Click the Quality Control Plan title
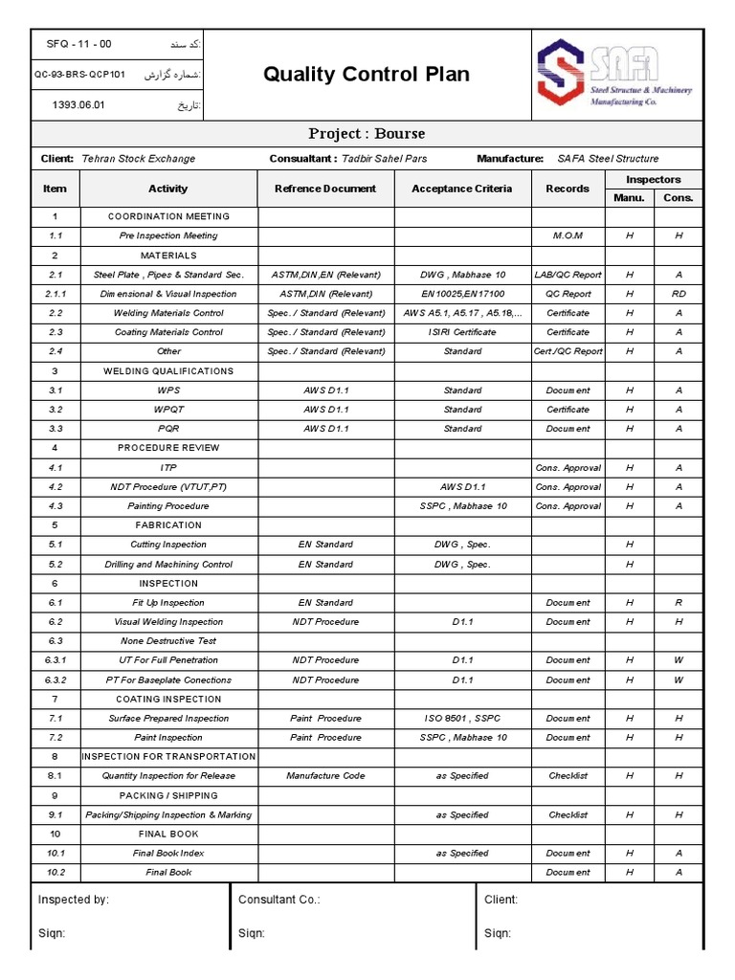coord(367,75)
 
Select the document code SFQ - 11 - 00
coord(78,44)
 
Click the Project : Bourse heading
coord(367,133)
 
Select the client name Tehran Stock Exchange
coord(139,159)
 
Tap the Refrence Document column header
coord(325,189)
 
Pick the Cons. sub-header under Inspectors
coord(678,198)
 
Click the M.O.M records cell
coord(568,235)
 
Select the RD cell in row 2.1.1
coord(678,294)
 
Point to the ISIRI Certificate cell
coord(462,332)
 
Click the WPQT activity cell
coord(168,410)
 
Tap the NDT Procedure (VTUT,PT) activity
coord(168,487)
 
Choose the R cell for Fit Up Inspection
coord(678,603)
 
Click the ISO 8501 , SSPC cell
coord(462,719)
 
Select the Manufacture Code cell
coord(325,776)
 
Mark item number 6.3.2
coord(55,679)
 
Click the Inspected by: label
coord(74,900)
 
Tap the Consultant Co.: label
coord(278,900)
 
